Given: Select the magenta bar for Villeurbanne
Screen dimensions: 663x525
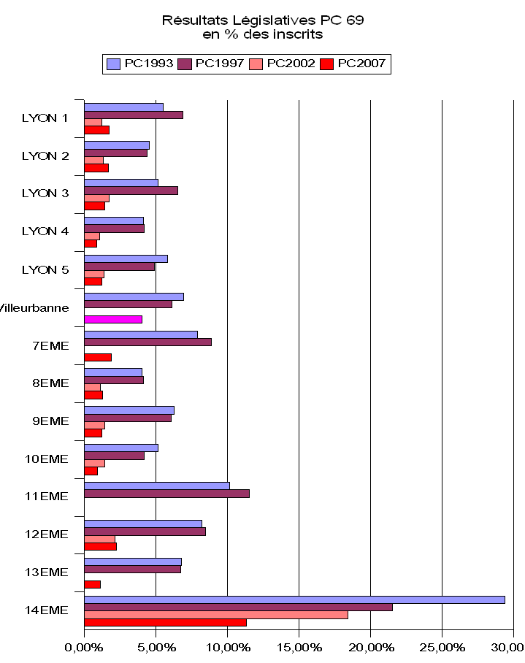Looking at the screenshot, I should click(x=113, y=319).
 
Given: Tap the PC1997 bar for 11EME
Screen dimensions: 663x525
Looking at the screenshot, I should click(x=166, y=494).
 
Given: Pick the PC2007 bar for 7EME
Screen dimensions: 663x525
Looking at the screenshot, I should click(x=98, y=357).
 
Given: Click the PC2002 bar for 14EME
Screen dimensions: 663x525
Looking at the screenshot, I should click(x=216, y=615).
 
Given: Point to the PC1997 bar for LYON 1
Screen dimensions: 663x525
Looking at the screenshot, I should click(x=134, y=115).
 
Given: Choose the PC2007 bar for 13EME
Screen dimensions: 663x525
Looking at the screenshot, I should click(x=93, y=584).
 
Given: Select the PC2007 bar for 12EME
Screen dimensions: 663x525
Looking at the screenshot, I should click(x=101, y=546).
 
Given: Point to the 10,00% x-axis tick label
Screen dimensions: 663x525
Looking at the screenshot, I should click(x=227, y=646).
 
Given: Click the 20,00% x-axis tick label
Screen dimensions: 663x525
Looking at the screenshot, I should click(x=370, y=646).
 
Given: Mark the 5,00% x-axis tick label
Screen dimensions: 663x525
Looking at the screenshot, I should click(x=156, y=646).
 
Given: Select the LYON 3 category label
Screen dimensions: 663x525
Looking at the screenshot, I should click(x=45, y=193).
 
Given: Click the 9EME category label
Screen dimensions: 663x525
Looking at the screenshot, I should click(x=50, y=421).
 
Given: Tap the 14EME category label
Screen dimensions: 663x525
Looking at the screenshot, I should click(x=47, y=610).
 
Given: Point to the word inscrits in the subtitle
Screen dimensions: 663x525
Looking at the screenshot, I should click(x=299, y=34).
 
